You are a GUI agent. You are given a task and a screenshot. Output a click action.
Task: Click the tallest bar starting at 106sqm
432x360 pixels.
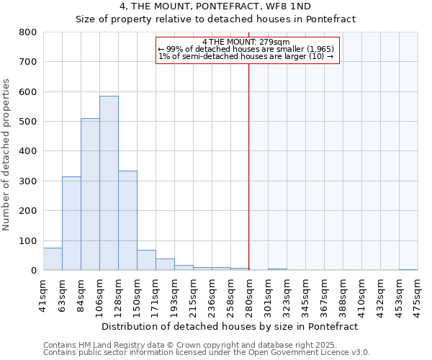click(109, 183)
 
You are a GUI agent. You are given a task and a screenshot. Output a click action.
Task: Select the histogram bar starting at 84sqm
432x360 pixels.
click(90, 194)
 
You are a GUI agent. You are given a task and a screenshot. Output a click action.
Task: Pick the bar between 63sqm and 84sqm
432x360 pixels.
click(71, 223)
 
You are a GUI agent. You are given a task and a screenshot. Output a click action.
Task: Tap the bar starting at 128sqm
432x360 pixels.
click(127, 220)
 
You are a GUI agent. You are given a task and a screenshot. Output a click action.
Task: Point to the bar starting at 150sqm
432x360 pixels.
click(146, 261)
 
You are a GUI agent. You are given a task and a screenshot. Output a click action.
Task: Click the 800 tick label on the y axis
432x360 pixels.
click(27, 32)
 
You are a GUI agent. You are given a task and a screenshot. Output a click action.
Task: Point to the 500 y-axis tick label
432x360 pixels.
click(27, 122)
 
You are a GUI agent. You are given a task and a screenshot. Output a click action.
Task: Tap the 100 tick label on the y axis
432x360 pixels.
click(27, 240)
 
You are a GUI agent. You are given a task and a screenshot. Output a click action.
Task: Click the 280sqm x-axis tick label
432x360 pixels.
click(249, 295)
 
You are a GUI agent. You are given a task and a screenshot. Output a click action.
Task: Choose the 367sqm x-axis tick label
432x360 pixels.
click(324, 295)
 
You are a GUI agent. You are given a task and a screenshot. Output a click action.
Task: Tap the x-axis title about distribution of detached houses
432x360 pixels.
click(230, 326)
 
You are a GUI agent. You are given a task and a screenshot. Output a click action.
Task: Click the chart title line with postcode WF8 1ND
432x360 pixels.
click(215, 6)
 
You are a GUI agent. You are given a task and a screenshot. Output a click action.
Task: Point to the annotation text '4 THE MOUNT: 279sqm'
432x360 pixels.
click(246, 42)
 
